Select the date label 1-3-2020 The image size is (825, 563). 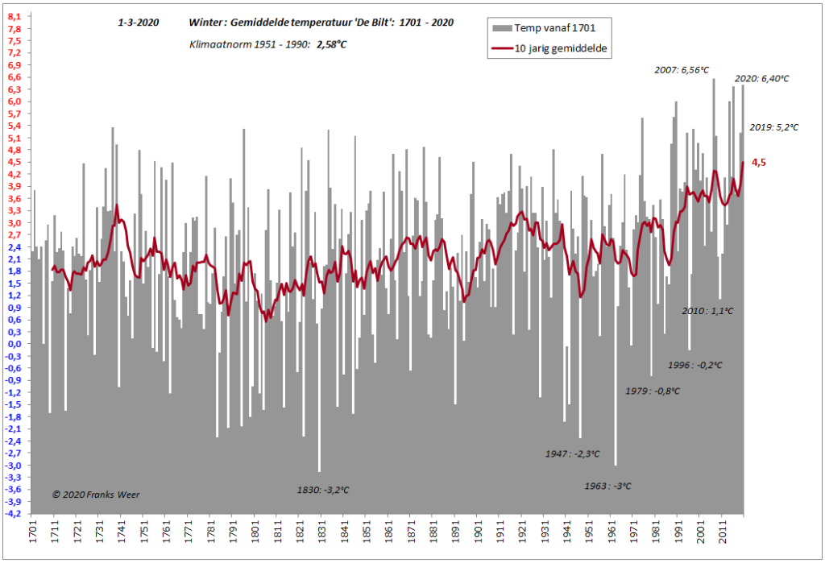click(139, 23)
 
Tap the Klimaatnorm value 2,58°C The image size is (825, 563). click(331, 45)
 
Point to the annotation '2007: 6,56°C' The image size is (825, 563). click(682, 70)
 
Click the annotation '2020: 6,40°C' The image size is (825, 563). click(762, 79)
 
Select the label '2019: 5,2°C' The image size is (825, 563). click(774, 127)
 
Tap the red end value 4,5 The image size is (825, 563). click(759, 163)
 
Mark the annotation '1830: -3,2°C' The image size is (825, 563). click(323, 491)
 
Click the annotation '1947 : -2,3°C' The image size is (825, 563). click(573, 454)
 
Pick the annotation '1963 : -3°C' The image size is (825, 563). click(607, 486)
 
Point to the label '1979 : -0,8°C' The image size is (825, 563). click(653, 391)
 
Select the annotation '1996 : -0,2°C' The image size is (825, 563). click(695, 365)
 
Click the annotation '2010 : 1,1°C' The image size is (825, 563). click(707, 312)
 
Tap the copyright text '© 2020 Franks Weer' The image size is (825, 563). click(96, 495)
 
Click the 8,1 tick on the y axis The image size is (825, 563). click(15, 17)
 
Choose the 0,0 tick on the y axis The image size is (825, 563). click(15, 344)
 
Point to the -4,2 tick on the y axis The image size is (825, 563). click(13, 514)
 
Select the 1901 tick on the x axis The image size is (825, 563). click(479, 532)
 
